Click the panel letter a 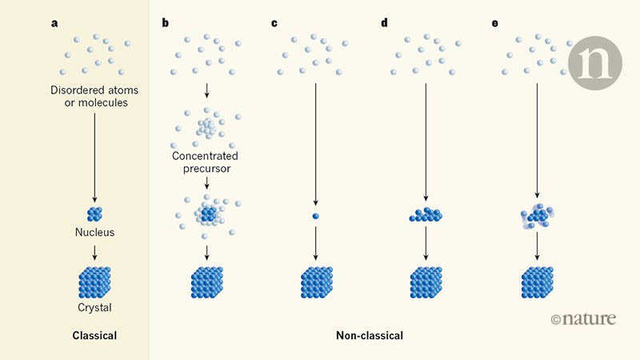pyautogui.click(x=54, y=22)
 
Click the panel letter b pyautogui.click(x=165, y=22)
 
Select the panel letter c pyautogui.click(x=274, y=22)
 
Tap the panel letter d pyautogui.click(x=384, y=22)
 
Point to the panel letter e pyautogui.click(x=494, y=22)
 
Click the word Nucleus pyautogui.click(x=94, y=233)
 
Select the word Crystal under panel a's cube pyautogui.click(x=94, y=306)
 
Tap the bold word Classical pyautogui.click(x=94, y=336)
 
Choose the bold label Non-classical pyautogui.click(x=370, y=336)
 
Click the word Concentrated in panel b pyautogui.click(x=206, y=156)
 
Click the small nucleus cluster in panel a pyautogui.click(x=94, y=214)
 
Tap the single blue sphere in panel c pyautogui.click(x=316, y=216)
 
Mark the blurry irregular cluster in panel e pyautogui.click(x=536, y=215)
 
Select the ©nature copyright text pyautogui.click(x=584, y=319)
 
